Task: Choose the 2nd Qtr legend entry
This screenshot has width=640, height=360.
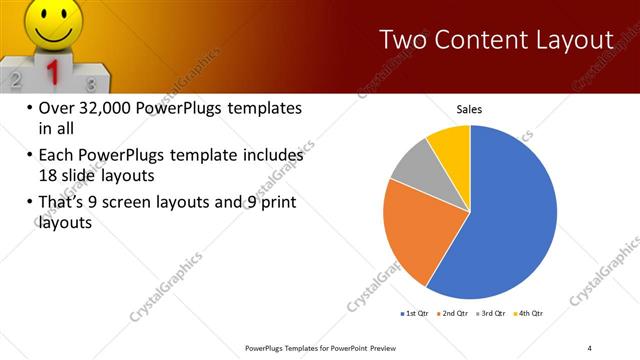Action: (454, 313)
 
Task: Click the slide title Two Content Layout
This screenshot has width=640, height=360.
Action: (496, 40)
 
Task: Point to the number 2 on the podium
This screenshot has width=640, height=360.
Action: (13, 77)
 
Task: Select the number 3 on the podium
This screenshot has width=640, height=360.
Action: (91, 84)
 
